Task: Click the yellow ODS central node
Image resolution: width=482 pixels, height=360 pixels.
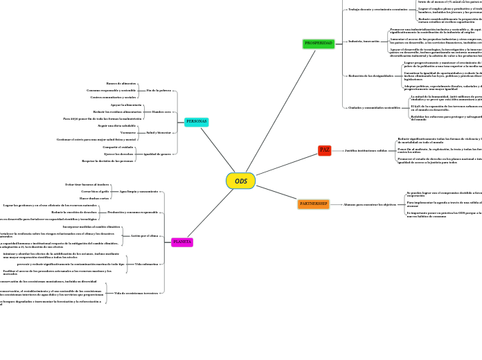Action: click(240, 181)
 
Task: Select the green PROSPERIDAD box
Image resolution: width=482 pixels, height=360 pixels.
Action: click(319, 44)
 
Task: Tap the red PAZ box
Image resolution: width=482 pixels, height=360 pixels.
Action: click(325, 150)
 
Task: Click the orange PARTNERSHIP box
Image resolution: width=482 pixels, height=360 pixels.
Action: click(314, 204)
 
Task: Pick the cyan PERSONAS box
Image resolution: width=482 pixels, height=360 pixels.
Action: click(197, 122)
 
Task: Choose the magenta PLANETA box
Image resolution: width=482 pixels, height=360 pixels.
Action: click(182, 242)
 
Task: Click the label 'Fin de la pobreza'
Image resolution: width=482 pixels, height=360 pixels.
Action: click(159, 91)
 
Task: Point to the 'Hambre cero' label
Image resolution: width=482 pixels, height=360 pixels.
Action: click(161, 111)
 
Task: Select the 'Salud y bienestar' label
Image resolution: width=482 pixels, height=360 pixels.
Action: click(159, 132)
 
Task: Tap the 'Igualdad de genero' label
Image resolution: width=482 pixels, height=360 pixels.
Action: click(157, 154)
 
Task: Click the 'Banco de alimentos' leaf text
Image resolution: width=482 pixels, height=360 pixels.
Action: click(121, 84)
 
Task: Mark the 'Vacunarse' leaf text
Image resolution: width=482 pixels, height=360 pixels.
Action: click(128, 132)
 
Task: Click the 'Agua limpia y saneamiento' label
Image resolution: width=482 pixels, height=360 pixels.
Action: click(139, 191)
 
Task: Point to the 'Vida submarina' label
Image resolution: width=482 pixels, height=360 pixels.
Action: click(146, 264)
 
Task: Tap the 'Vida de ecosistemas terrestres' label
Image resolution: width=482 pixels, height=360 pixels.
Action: click(136, 294)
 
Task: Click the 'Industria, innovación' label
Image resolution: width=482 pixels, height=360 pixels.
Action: click(364, 41)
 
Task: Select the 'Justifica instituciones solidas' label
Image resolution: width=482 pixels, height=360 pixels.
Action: click(366, 150)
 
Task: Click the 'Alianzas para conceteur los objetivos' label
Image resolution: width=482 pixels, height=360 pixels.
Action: click(370, 204)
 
